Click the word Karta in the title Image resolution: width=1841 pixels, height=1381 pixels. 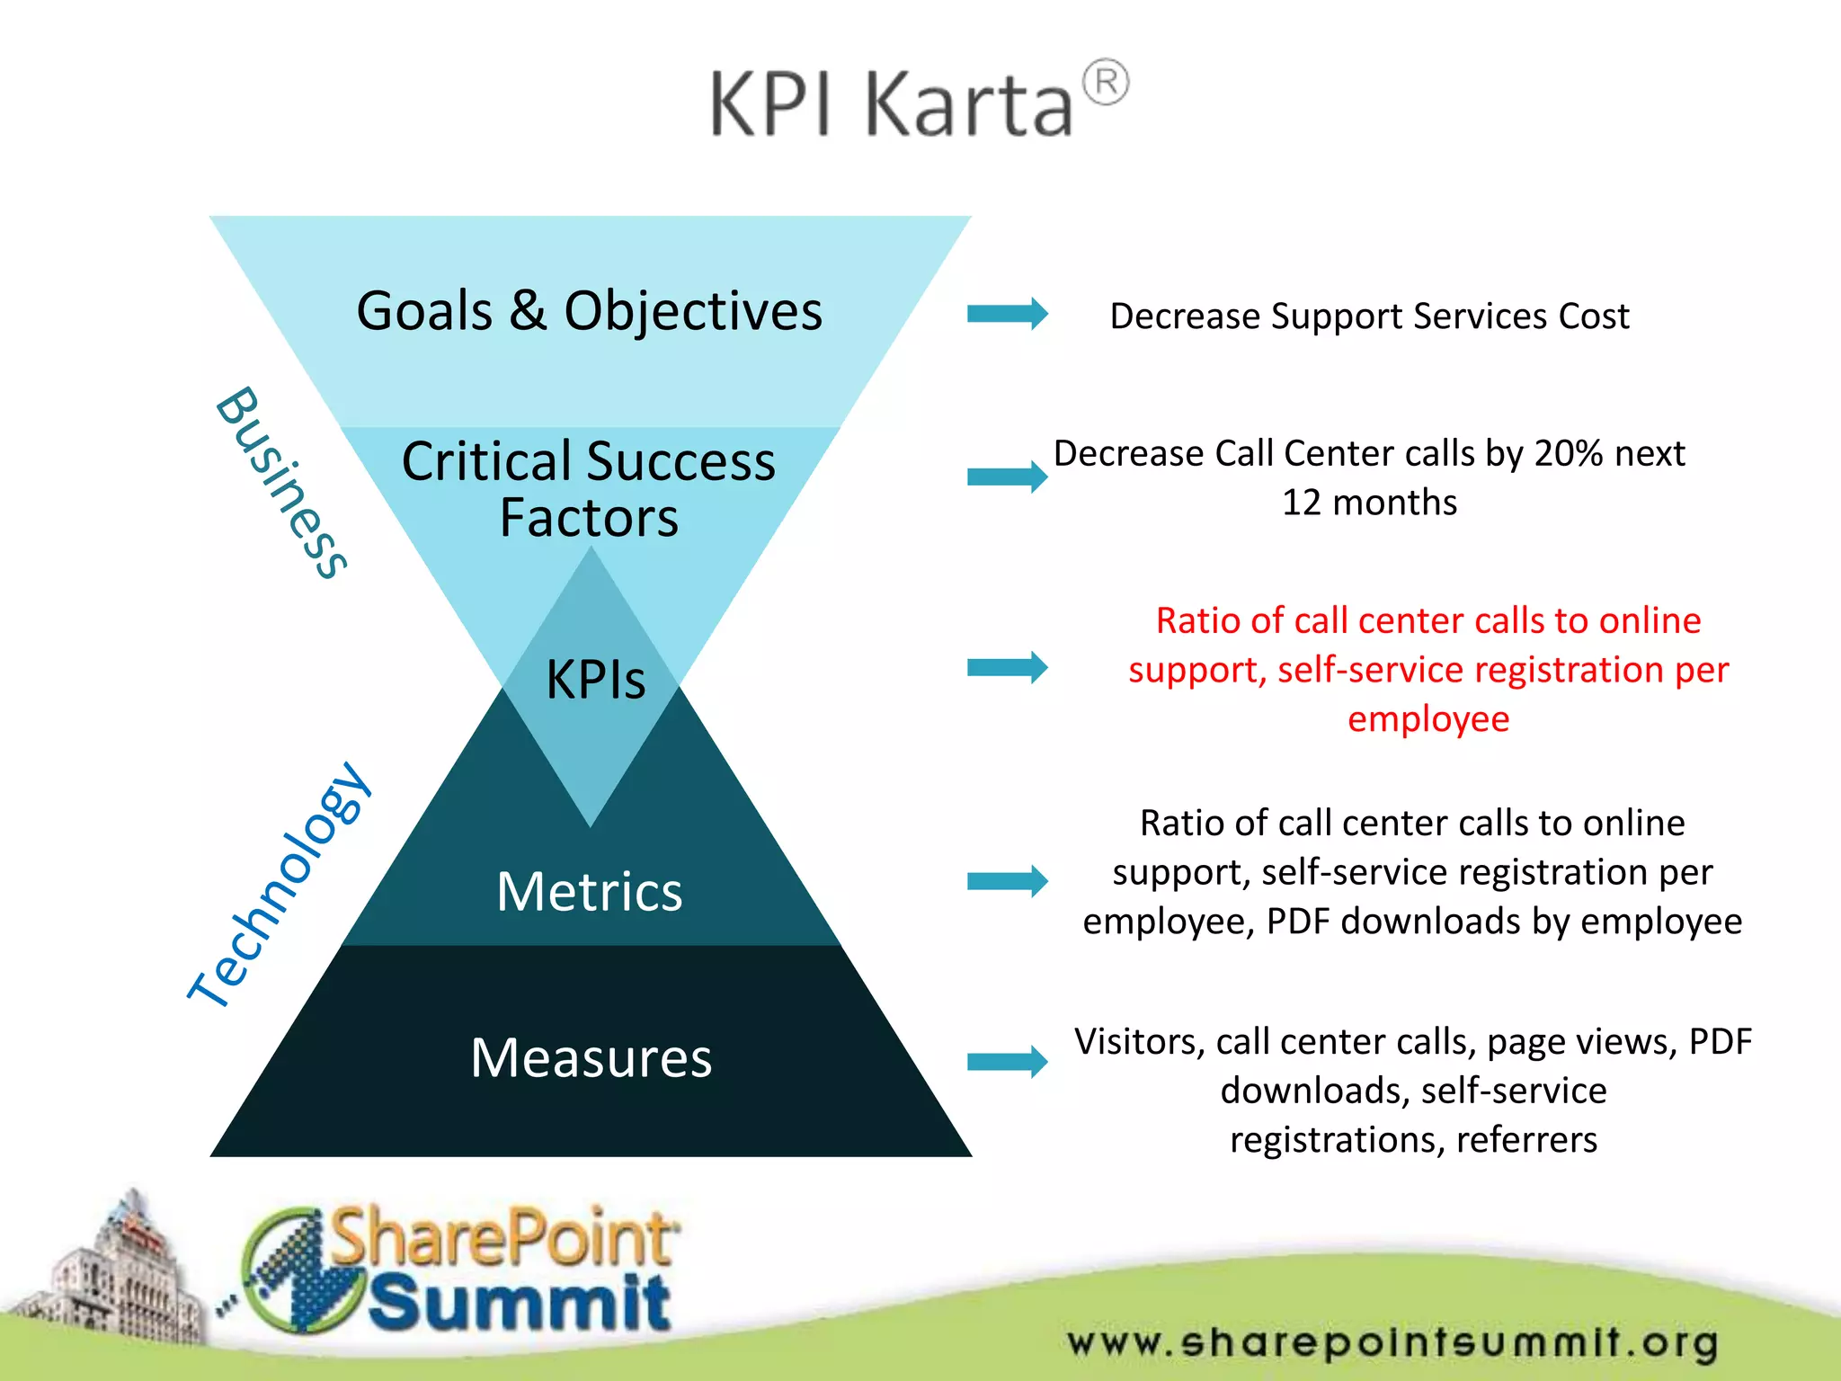(x=969, y=105)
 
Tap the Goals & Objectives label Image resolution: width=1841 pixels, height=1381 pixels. (x=589, y=311)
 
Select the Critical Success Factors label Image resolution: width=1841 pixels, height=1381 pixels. (x=589, y=489)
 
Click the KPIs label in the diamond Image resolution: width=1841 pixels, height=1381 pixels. (x=595, y=680)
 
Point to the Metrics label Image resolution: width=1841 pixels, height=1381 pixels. (x=590, y=892)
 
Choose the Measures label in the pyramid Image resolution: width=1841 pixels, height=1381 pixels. (x=591, y=1057)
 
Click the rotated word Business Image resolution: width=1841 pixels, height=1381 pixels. (x=281, y=483)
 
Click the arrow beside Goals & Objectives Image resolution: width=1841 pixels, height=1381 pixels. (x=1007, y=314)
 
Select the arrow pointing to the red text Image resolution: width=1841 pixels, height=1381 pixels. (x=1007, y=667)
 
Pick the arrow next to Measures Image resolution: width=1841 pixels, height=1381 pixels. (x=1007, y=1062)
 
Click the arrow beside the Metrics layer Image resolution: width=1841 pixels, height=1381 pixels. (x=1007, y=881)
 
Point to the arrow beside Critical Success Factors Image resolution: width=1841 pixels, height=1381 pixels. (x=1007, y=477)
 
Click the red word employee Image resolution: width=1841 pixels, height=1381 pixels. (x=1427, y=719)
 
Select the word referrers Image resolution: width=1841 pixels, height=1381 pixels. (x=1526, y=1140)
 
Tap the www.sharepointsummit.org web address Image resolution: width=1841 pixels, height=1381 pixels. (x=1392, y=1342)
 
